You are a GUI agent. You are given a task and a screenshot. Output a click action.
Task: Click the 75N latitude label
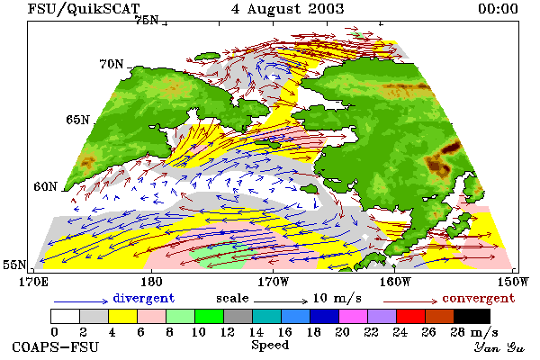coord(147,20)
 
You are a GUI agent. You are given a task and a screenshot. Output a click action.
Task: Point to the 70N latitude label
coord(112,64)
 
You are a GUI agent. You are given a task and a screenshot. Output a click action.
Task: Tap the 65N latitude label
coord(77,120)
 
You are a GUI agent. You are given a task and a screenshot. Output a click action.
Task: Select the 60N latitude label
coord(45,186)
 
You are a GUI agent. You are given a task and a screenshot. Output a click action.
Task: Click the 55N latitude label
coord(14,265)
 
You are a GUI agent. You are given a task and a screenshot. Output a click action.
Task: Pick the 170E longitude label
coord(33,282)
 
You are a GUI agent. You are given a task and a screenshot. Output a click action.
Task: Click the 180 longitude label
coord(151,282)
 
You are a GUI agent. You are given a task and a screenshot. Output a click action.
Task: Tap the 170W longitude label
coord(273,282)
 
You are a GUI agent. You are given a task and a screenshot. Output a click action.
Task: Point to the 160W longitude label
coord(395,282)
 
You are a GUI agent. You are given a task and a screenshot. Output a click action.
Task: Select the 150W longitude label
coord(513,282)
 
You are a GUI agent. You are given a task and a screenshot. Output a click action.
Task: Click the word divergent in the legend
coord(144,298)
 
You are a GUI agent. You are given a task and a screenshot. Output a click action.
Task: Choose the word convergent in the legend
coord(479,298)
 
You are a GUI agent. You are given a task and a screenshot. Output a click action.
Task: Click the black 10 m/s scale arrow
coord(281,301)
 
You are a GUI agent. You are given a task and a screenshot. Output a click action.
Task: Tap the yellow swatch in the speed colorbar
coord(123,316)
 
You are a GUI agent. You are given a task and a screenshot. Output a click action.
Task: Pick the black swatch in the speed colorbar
coord(472,316)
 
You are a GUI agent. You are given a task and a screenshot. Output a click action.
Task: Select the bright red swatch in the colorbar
coord(411,316)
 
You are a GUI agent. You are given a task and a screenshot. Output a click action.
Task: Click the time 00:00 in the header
coord(498,9)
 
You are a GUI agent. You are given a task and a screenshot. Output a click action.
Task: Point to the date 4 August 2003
coord(288,9)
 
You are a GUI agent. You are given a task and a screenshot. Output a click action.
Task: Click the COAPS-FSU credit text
coord(56,346)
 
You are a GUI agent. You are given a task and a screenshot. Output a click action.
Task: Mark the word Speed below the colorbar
coord(270,346)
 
